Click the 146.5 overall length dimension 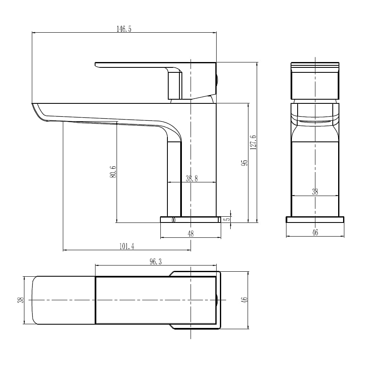pos(124,29)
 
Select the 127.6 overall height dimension pos(253,142)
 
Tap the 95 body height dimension pos(244,163)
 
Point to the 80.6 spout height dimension pos(113,172)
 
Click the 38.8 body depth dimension pos(192,179)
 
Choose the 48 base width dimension pos(191,233)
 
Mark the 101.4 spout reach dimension pos(127,246)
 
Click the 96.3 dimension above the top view pos(155,262)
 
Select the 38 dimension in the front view pos(315,192)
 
